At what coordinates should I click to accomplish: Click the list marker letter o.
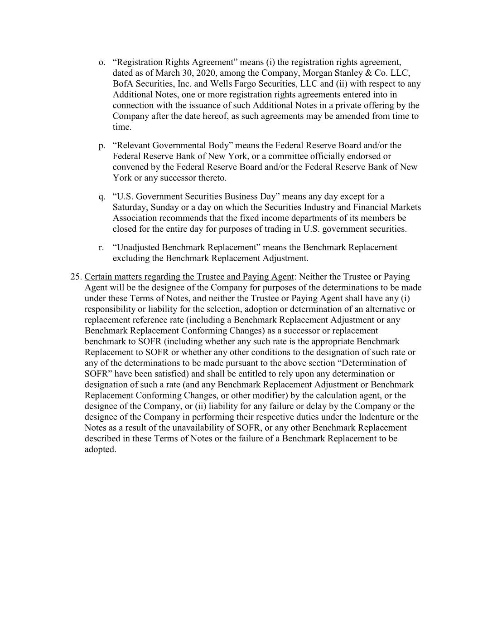[x=101, y=63]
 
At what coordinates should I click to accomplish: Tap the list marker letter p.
[x=101, y=146]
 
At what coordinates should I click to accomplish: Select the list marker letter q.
[x=101, y=197]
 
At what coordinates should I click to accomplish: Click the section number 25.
[x=76, y=277]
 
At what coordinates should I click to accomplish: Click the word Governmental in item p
[x=179, y=146]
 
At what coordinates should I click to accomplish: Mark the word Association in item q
[x=135, y=218]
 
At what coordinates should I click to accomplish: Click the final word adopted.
[x=100, y=450]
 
